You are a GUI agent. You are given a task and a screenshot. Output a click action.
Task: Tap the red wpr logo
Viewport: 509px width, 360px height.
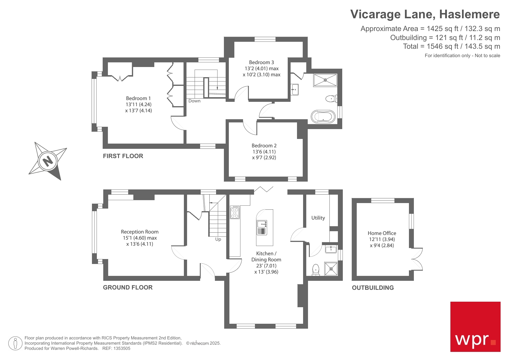[x=475, y=327]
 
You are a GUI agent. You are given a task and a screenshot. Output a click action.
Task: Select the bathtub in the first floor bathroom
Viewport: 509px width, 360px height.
[x=323, y=117]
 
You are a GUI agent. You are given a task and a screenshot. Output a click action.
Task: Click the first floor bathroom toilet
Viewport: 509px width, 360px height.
[x=331, y=99]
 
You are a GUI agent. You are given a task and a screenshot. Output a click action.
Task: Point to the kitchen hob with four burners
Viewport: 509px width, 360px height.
[x=235, y=212]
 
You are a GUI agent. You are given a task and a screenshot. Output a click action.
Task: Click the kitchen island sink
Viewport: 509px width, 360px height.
[x=262, y=224]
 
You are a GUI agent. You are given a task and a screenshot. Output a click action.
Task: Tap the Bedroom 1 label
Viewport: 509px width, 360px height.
[x=138, y=98]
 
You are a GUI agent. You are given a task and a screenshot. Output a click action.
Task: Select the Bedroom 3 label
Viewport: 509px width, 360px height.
[x=261, y=62]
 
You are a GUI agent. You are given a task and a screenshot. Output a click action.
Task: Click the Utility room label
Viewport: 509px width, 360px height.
[x=318, y=218]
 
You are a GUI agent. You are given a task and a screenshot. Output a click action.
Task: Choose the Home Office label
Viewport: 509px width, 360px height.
[x=382, y=233]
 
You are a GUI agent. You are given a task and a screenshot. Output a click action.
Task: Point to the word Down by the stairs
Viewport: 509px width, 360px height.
[x=194, y=101]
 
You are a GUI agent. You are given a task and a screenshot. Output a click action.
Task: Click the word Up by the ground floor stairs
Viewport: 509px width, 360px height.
[x=218, y=239]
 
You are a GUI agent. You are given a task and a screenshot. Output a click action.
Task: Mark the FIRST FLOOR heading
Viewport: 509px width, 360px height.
[x=123, y=156]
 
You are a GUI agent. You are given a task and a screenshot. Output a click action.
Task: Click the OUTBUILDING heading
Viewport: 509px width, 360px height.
[x=373, y=288]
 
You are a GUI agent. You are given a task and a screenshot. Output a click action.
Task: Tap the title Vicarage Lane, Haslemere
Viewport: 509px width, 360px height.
[x=425, y=14]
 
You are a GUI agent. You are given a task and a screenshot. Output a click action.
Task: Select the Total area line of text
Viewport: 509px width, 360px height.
[x=451, y=46]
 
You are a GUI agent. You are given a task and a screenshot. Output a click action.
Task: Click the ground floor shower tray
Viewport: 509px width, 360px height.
[x=331, y=269]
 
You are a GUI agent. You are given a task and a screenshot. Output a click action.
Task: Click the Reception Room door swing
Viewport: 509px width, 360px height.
[x=178, y=253]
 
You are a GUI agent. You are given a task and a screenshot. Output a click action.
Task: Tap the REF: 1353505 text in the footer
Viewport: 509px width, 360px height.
[x=116, y=348]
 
